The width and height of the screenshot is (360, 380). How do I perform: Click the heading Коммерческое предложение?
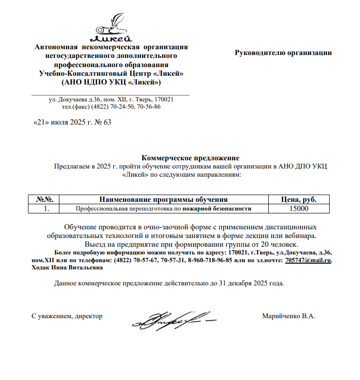point(190,158)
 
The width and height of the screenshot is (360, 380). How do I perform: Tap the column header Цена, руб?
point(298,199)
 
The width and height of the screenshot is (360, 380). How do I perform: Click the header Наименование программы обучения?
point(163,199)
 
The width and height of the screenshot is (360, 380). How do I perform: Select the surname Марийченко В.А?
point(288,316)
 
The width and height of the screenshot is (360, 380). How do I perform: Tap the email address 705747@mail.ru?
point(308,260)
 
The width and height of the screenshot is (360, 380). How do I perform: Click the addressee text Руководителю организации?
point(283,53)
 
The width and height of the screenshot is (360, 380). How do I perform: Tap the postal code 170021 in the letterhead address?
point(164,99)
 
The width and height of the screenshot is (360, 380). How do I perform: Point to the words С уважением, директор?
point(67,316)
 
